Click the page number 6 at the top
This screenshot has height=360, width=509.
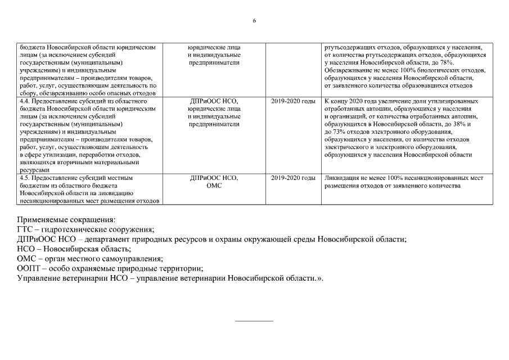[x=254, y=21]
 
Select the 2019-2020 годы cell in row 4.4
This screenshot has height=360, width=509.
[x=293, y=101]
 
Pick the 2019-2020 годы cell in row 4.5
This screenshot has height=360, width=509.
[x=293, y=178]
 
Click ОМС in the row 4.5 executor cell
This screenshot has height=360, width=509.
[x=214, y=185]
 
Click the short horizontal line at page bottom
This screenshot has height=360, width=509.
[x=254, y=321]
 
